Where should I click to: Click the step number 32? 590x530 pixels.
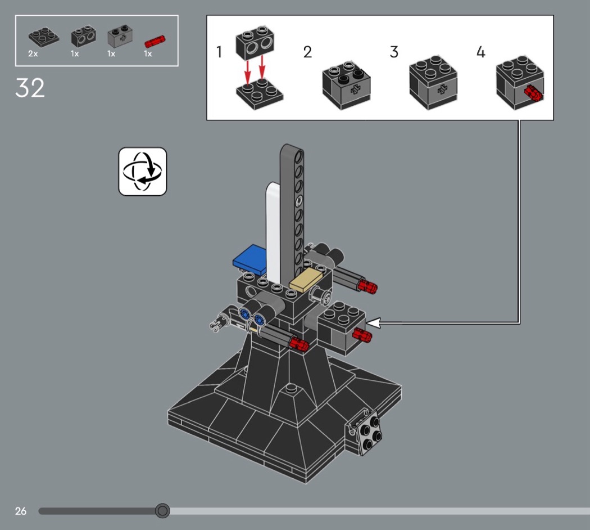[x=30, y=88]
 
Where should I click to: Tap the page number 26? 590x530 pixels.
[x=21, y=511]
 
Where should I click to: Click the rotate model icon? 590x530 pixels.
[x=143, y=172]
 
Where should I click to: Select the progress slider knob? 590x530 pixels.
[x=162, y=511]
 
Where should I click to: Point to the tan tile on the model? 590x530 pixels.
[x=306, y=279]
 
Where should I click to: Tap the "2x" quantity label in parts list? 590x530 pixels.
[x=33, y=54]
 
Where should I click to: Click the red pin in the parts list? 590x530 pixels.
[x=155, y=41]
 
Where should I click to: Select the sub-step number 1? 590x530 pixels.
[x=219, y=52]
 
